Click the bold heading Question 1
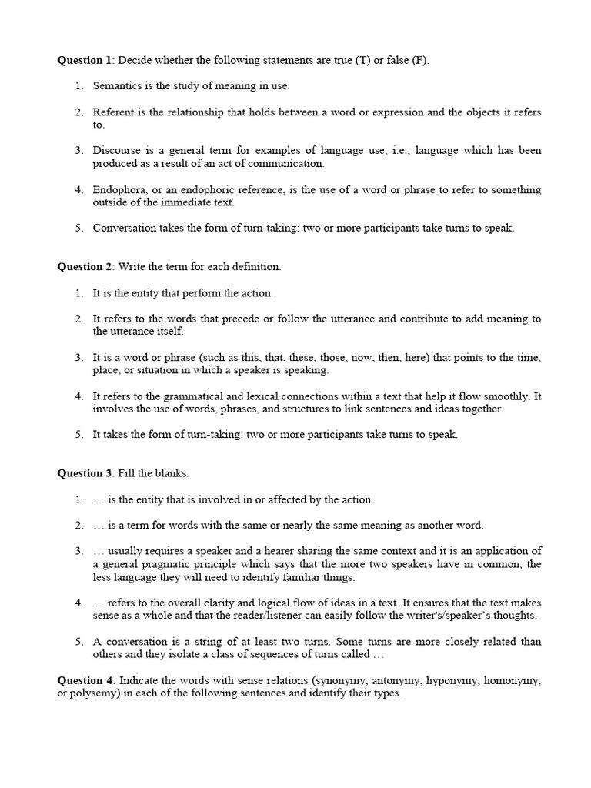pos(85,60)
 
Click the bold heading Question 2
pos(85,267)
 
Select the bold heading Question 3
pos(85,473)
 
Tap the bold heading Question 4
pos(85,680)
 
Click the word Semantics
pos(116,85)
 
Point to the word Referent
pos(114,112)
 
